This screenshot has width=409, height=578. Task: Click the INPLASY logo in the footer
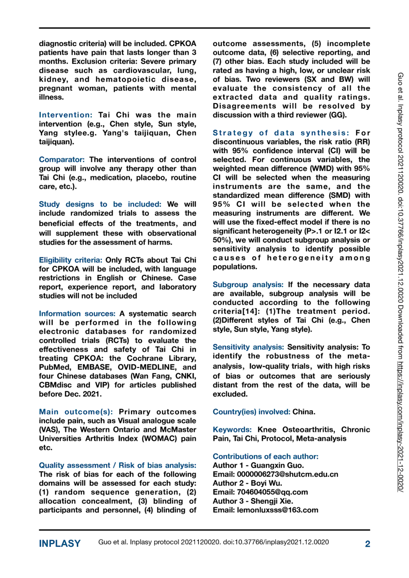click(x=60, y=543)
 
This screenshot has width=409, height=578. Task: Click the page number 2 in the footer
click(x=367, y=544)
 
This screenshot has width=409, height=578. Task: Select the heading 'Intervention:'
click(x=66, y=115)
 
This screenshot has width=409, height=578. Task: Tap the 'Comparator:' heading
click(x=62, y=160)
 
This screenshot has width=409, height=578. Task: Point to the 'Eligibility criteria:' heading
click(x=70, y=260)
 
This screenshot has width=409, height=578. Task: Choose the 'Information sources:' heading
click(x=77, y=313)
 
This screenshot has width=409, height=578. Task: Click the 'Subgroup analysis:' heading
click(x=248, y=284)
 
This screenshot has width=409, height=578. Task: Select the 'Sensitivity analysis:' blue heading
click(x=248, y=347)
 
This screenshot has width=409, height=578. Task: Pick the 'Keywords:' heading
click(x=232, y=429)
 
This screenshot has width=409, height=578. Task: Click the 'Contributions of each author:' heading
click(x=266, y=456)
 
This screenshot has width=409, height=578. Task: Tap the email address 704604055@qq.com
click(x=272, y=492)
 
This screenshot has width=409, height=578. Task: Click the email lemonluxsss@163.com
click(x=278, y=510)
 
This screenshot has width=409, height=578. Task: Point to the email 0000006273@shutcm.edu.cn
click(x=287, y=474)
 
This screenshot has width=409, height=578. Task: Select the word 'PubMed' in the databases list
click(x=55, y=367)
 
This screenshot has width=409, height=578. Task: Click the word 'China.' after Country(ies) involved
click(x=304, y=412)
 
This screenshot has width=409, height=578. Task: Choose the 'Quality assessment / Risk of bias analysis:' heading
click(x=118, y=465)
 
